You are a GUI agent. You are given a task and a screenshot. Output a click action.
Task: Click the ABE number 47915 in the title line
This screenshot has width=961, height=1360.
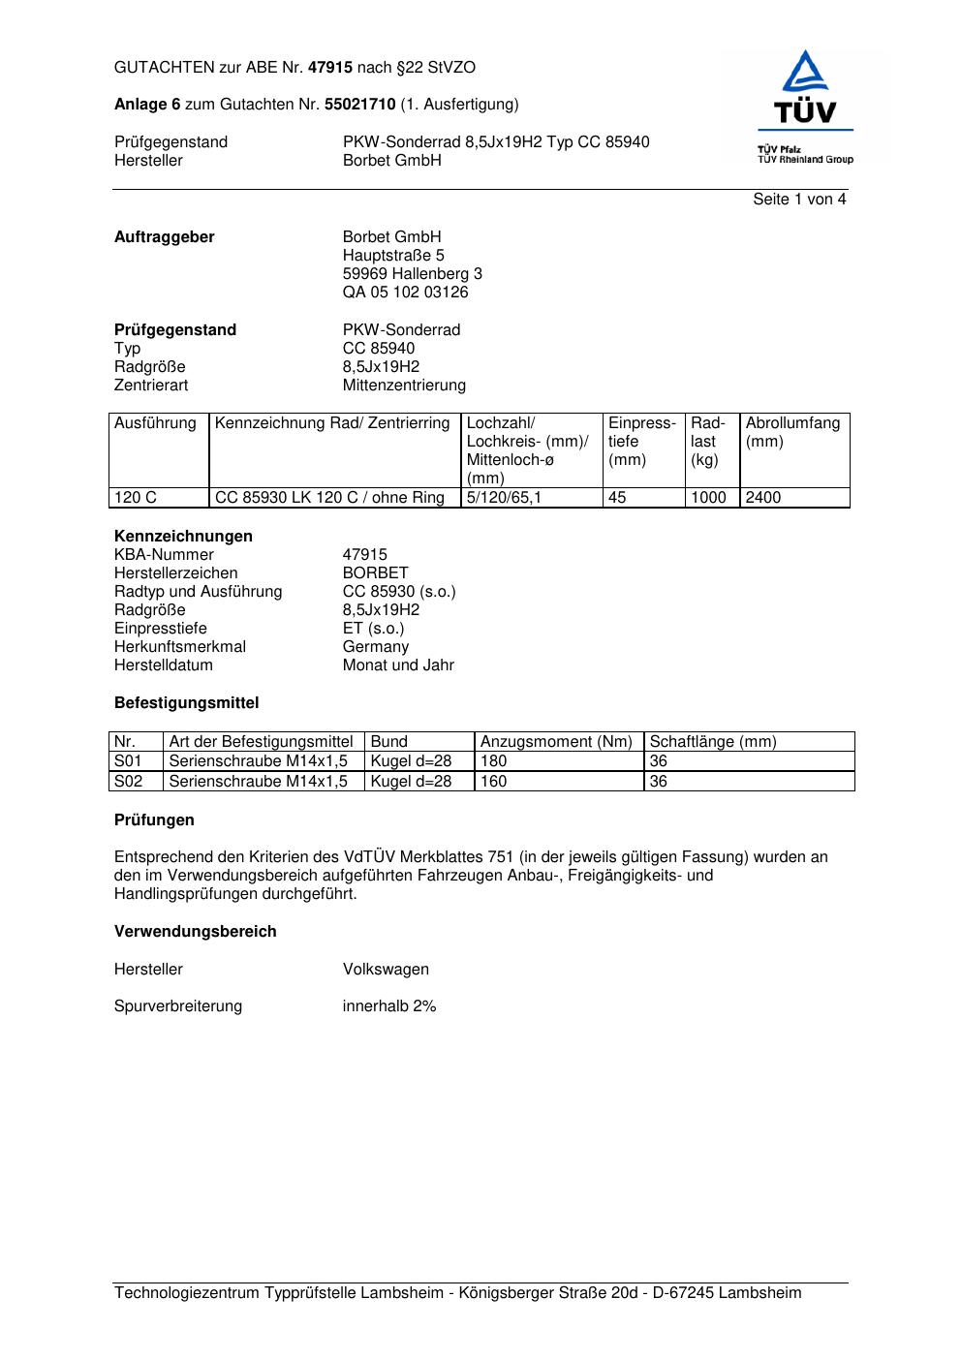(329, 68)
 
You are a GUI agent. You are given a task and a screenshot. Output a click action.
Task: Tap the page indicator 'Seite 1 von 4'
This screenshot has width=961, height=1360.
(799, 200)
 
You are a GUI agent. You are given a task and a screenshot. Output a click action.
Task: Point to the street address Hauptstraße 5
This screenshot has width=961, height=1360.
(393, 256)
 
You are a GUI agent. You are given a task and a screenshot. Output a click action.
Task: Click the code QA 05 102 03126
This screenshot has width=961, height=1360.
(405, 293)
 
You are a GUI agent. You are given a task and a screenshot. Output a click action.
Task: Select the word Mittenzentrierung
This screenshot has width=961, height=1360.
(404, 386)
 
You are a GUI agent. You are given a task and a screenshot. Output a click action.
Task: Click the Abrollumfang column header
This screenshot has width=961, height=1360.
(792, 423)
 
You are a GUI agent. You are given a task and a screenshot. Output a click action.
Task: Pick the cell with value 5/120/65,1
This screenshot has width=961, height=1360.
(505, 498)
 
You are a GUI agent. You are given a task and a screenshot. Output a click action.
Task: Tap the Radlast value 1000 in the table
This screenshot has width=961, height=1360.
(708, 498)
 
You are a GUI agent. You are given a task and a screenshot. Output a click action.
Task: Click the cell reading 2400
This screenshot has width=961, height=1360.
(763, 498)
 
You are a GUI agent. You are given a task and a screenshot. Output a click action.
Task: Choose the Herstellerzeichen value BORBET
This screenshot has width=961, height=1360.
(375, 573)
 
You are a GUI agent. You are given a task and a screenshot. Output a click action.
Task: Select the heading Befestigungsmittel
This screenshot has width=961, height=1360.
(186, 703)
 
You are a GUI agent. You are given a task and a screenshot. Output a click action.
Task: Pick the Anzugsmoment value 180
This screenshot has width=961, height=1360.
(494, 761)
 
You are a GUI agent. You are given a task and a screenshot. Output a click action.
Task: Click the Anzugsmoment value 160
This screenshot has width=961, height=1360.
(494, 782)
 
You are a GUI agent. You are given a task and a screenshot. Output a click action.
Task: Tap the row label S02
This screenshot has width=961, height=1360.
(128, 782)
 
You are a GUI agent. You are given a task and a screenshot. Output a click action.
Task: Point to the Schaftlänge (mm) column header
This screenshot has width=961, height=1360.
(713, 742)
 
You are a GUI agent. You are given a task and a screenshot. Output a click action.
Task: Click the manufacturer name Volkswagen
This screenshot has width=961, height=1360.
(386, 970)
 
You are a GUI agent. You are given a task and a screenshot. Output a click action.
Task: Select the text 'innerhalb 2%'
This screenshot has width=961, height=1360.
(389, 1006)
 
